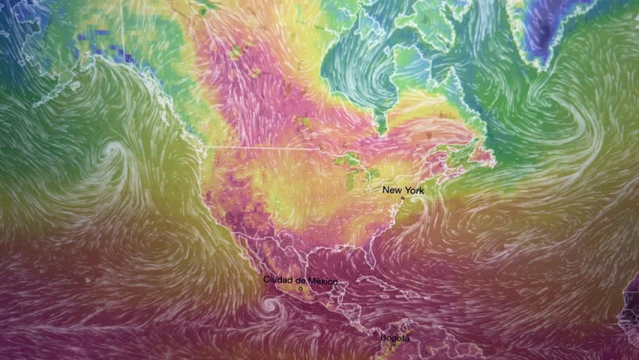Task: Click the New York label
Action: click(403, 190)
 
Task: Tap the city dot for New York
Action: click(402, 199)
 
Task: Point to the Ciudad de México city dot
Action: click(300, 289)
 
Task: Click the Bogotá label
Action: click(394, 338)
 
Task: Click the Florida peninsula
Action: click(370, 259)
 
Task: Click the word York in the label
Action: click(414, 190)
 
